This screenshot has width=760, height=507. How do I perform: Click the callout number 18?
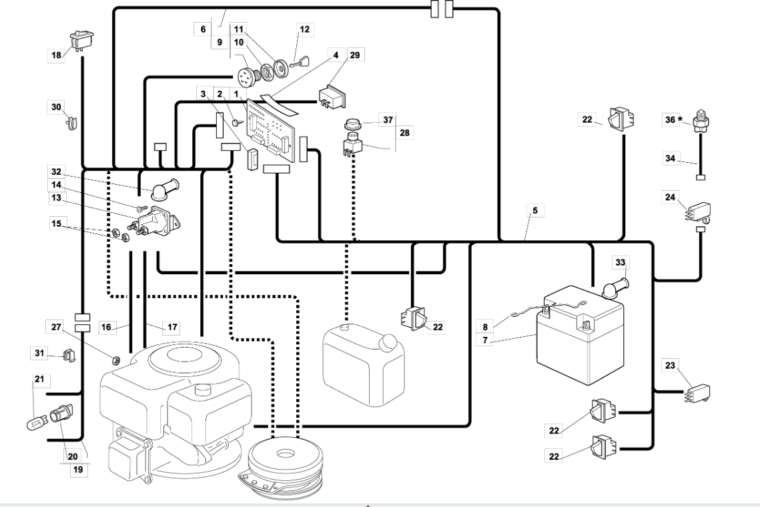coord(57,55)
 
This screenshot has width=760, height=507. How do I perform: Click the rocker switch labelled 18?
coord(82,39)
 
